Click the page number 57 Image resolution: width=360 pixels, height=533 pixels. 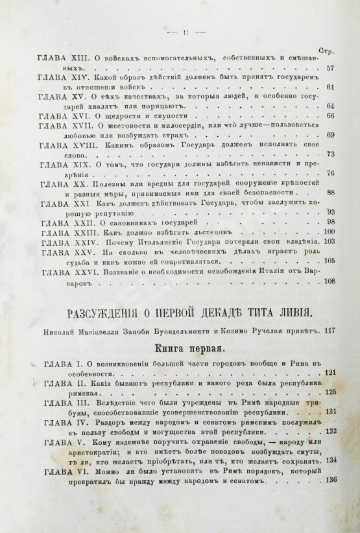(x=330, y=68)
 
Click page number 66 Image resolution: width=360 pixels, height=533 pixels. (x=330, y=115)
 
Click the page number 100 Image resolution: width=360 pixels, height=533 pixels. (x=328, y=232)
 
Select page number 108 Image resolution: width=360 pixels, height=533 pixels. (x=328, y=281)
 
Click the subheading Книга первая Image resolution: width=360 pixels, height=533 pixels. (x=180, y=348)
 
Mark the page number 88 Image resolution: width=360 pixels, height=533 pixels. (x=330, y=193)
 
